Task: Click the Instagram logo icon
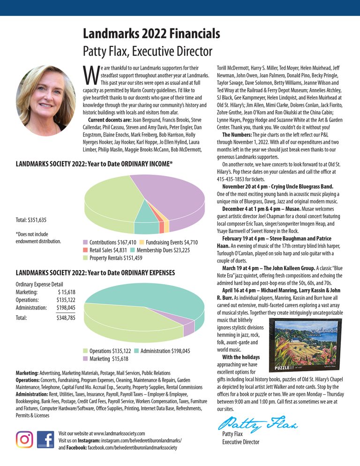[24, 439]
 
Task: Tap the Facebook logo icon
[45, 439]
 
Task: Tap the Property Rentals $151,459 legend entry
[112, 258]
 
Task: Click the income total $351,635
[31, 220]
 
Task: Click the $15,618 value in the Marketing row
[64, 292]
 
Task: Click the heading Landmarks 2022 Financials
[151, 33]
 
